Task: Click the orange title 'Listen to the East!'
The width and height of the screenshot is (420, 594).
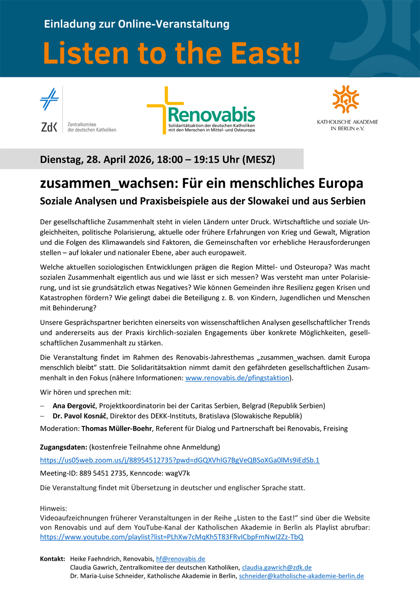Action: (172, 53)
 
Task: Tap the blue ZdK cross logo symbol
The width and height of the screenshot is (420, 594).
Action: (49, 99)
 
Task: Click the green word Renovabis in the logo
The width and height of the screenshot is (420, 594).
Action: (211, 114)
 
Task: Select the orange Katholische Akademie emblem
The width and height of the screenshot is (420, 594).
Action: (346, 99)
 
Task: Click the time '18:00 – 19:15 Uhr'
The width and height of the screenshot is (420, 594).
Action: (199, 160)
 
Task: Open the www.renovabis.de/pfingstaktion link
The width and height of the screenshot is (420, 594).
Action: (237, 378)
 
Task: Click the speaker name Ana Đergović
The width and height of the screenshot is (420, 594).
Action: (74, 406)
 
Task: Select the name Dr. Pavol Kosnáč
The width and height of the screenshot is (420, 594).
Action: (80, 416)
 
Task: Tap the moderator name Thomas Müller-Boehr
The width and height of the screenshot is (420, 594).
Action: (117, 428)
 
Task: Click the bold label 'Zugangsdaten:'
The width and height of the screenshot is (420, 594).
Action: (63, 447)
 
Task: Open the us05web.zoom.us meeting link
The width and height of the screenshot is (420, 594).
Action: (180, 460)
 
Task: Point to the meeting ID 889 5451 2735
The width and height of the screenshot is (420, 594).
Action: (103, 473)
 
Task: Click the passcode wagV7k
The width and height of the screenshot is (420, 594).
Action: (178, 473)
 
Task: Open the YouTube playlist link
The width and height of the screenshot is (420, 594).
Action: (171, 537)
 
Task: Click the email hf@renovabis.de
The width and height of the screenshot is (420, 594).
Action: (181, 559)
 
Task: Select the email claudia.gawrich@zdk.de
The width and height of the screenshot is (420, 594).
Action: (277, 568)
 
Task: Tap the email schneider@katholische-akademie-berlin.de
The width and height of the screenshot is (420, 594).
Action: (301, 576)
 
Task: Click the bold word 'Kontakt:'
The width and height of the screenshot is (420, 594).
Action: (52, 559)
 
